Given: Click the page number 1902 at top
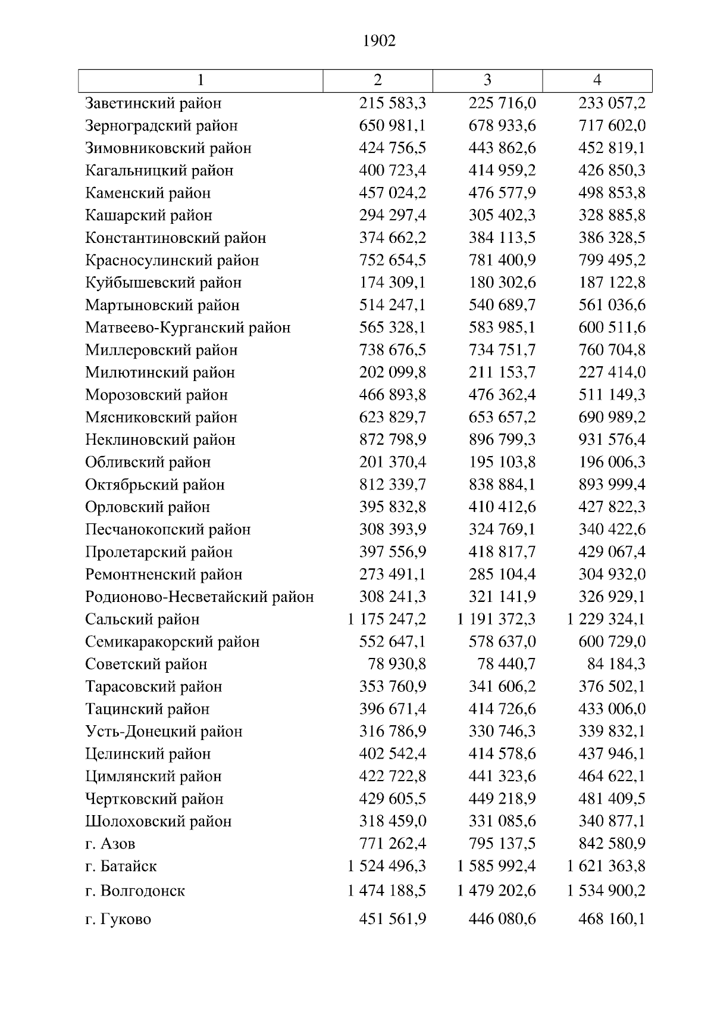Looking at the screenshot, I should [x=378, y=40].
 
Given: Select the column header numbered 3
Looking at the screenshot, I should [x=487, y=80].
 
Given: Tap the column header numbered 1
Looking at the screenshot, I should [x=201, y=80].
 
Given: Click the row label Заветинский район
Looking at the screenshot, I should [x=154, y=103].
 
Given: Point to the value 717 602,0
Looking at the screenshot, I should [x=612, y=126].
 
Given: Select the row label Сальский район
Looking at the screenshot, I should [x=142, y=619].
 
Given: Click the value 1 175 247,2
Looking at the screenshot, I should [x=387, y=619].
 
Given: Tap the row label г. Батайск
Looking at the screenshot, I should [x=121, y=866].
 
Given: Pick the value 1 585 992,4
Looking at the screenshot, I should [x=496, y=866].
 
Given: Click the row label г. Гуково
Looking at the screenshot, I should [x=118, y=919].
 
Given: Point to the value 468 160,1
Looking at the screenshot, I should [x=612, y=919].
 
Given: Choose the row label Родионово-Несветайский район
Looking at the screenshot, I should [x=199, y=597].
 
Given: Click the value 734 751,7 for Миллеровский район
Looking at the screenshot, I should [x=502, y=350].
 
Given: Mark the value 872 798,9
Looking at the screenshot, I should [x=393, y=440].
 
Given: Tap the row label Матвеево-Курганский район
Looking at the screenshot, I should [x=188, y=327].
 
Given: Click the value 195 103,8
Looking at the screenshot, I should [x=502, y=462].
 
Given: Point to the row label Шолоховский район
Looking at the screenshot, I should [x=158, y=821].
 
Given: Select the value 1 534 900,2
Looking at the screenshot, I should [x=606, y=891].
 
